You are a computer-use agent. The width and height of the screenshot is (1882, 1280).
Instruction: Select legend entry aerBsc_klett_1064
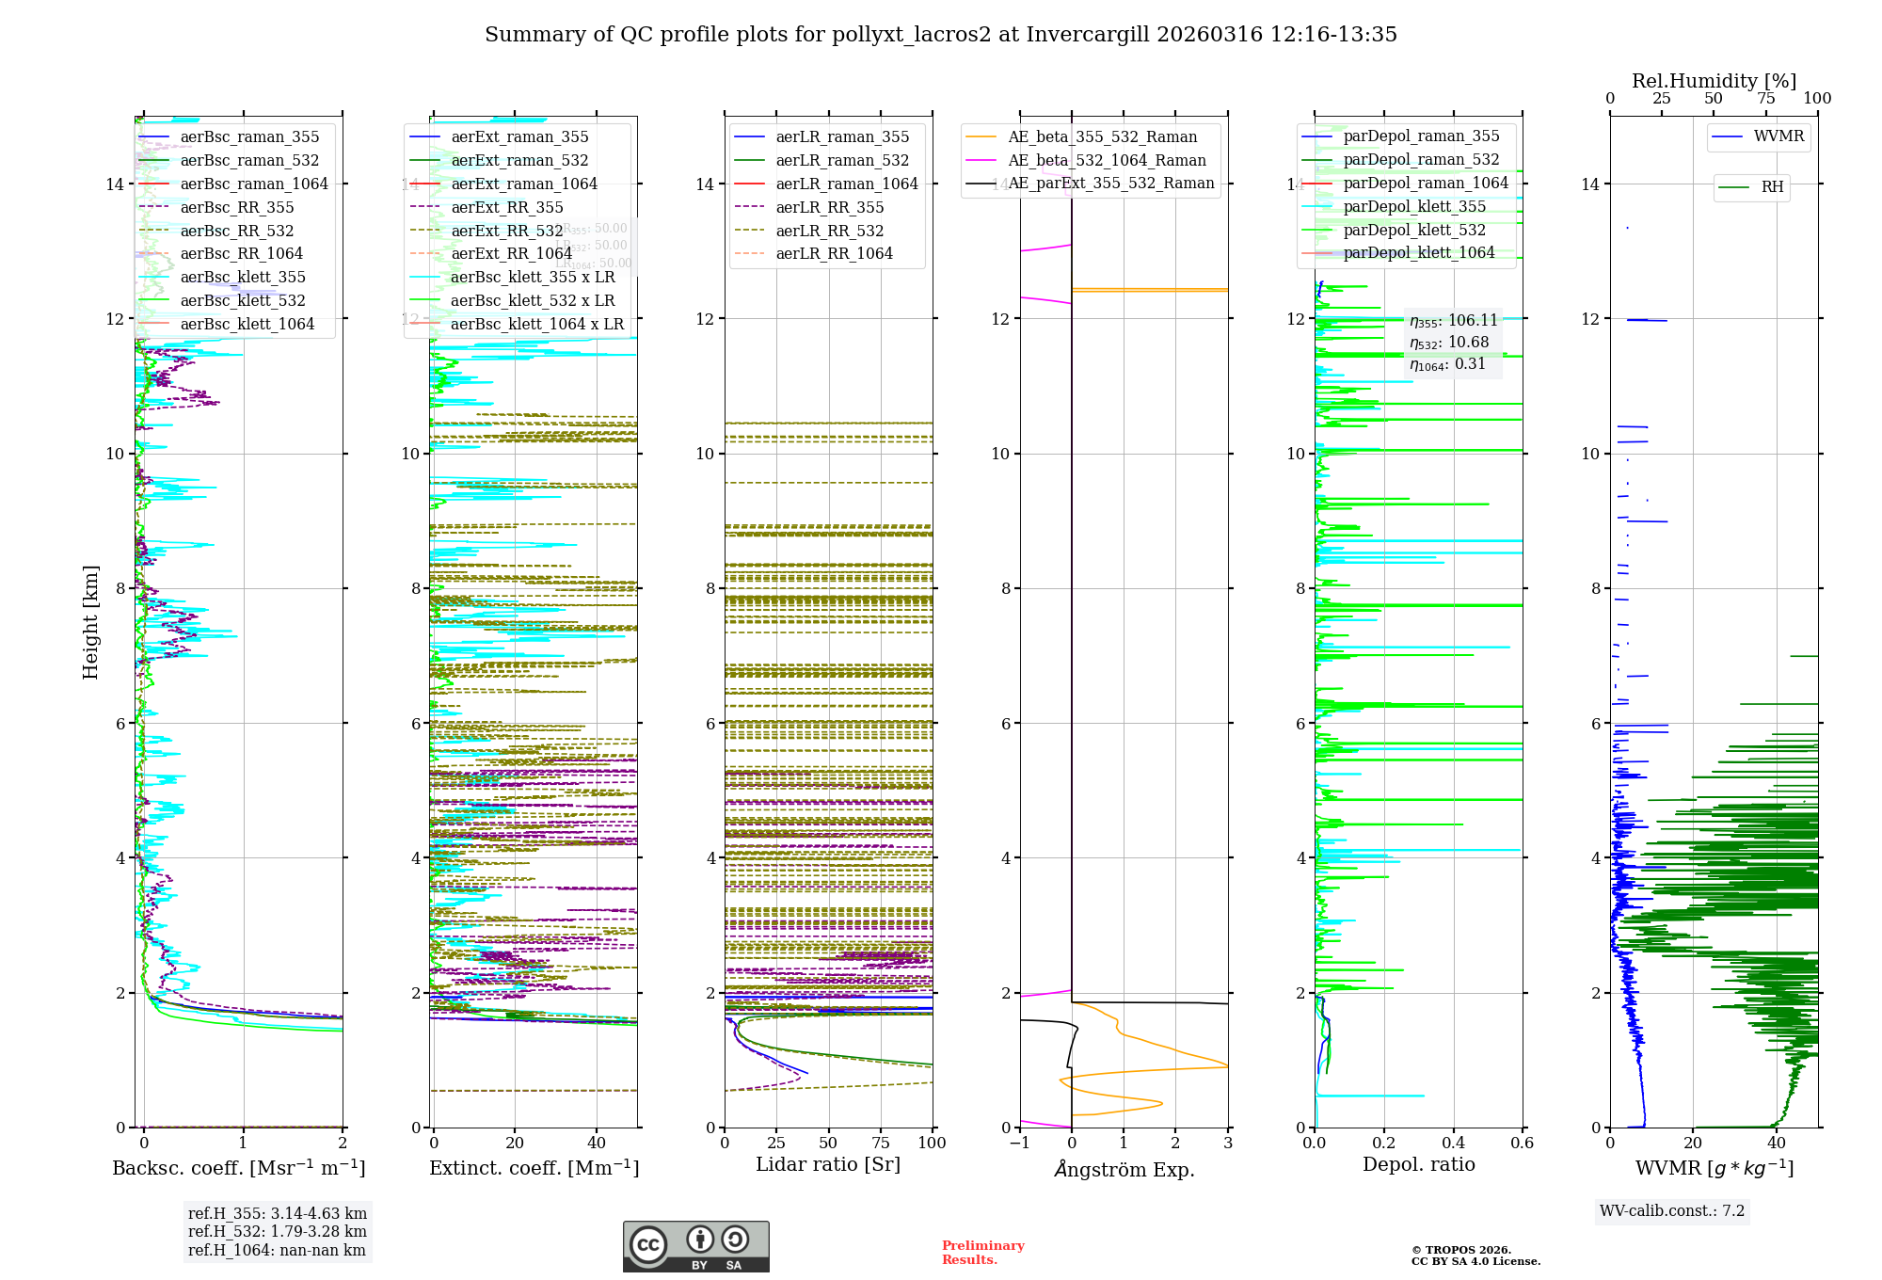coord(247,324)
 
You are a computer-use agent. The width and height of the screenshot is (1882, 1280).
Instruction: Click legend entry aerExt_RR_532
coord(506,231)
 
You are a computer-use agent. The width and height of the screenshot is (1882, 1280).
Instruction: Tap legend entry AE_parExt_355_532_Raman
coord(1110,184)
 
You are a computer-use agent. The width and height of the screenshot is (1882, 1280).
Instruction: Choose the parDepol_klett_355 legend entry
coord(1414,206)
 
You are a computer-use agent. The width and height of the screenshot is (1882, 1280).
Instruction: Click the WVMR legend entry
coord(1778,136)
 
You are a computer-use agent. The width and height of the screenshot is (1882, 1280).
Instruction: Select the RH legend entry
coord(1772,187)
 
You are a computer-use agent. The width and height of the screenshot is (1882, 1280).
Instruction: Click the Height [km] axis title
coord(90,621)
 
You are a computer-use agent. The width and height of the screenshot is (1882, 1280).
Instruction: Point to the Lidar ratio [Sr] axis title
coord(828,1165)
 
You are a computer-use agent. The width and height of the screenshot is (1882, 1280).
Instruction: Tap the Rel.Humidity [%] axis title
coord(1714,81)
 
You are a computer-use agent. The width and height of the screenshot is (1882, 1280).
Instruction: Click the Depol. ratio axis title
coord(1418,1165)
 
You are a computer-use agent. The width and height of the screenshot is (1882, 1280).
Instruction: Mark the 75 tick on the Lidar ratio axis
coord(881,1144)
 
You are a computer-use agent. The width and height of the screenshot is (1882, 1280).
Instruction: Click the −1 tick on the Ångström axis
coord(1019,1144)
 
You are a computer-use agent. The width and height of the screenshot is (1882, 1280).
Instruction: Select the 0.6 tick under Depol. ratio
coord(1522,1144)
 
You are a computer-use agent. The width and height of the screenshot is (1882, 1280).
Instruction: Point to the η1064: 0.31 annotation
coord(1447,364)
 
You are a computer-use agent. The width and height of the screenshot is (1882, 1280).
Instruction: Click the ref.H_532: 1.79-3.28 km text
coord(277,1232)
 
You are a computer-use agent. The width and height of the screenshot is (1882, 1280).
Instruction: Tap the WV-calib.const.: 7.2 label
coord(1671,1211)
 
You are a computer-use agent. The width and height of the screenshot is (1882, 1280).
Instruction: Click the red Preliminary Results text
coord(982,1253)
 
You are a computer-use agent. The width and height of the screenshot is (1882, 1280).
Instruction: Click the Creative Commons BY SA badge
coord(695,1247)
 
